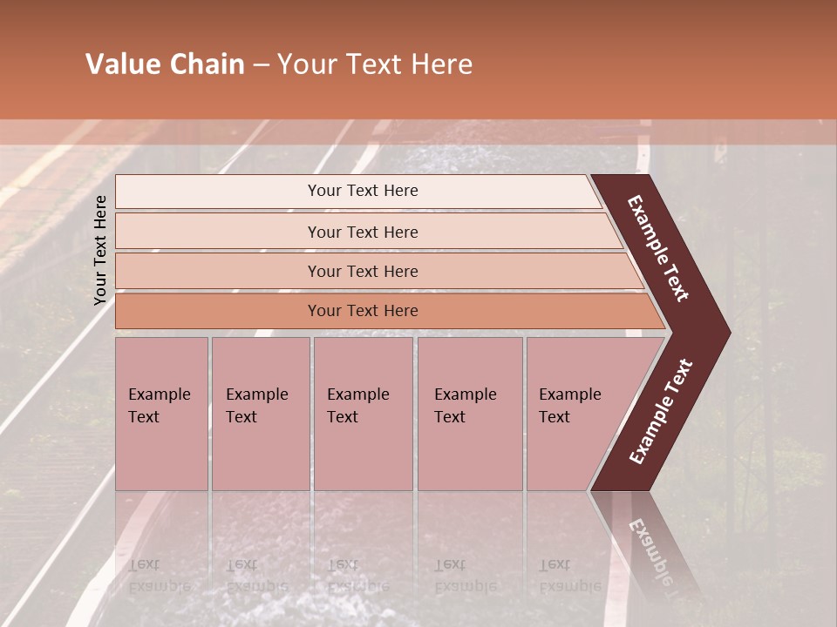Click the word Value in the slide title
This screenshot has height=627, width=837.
pyautogui.click(x=121, y=64)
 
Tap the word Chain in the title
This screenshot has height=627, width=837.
pyautogui.click(x=207, y=64)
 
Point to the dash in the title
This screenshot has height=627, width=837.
pyautogui.click(x=261, y=65)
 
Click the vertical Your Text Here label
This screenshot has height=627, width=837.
pyautogui.click(x=100, y=250)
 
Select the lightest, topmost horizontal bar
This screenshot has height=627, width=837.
pyautogui.click(x=363, y=191)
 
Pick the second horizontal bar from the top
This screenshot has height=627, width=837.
pyautogui.click(x=363, y=232)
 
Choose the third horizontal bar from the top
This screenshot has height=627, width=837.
pyautogui.click(x=363, y=271)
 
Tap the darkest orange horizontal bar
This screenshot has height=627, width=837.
pyautogui.click(x=363, y=311)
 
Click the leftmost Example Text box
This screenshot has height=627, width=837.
pyautogui.click(x=161, y=414)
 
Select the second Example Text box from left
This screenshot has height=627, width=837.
pyautogui.click(x=261, y=414)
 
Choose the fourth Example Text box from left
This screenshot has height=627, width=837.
pyautogui.click(x=469, y=414)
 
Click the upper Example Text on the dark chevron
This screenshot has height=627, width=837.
pyautogui.click(x=659, y=248)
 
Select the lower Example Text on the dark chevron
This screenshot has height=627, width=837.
pyautogui.click(x=661, y=411)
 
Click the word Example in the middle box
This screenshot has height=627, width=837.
pyautogui.click(x=357, y=394)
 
